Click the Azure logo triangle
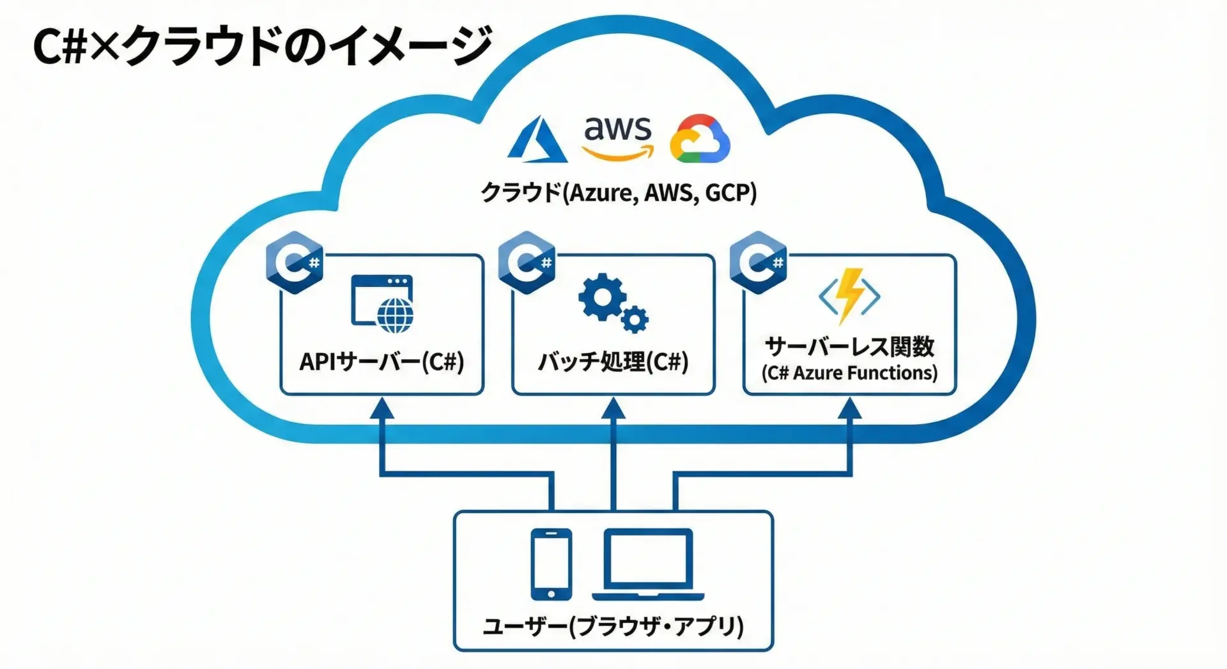pyautogui.click(x=537, y=140)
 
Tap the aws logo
pyautogui.click(x=617, y=137)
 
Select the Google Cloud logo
pyautogui.click(x=700, y=139)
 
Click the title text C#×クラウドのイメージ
pyautogui.click(x=263, y=45)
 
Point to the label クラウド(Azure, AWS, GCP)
pyautogui.click(x=618, y=192)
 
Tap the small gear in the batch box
pyautogui.click(x=635, y=319)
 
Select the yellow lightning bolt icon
pyautogui.click(x=850, y=295)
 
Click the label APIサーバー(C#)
pyautogui.click(x=382, y=362)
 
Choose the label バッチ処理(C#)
pyautogui.click(x=613, y=362)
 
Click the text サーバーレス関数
pyautogui.click(x=849, y=347)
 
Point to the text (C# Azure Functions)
pyautogui.click(x=849, y=373)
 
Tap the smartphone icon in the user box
pyautogui.click(x=551, y=564)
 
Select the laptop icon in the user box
pyautogui.click(x=648, y=564)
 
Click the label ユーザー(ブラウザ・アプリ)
pyautogui.click(x=613, y=626)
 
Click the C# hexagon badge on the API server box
pyautogui.click(x=295, y=263)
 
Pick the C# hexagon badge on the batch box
pyautogui.click(x=527, y=263)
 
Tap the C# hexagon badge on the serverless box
pyautogui.click(x=758, y=263)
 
